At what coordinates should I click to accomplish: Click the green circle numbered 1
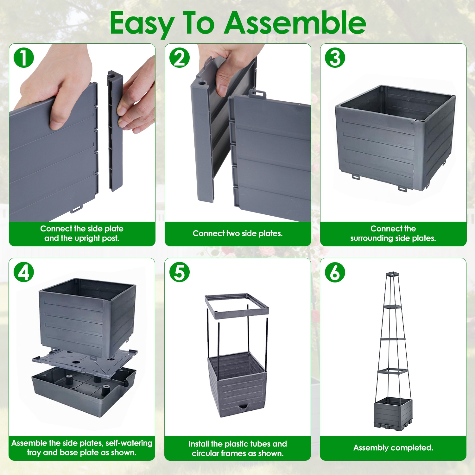[x=24, y=58]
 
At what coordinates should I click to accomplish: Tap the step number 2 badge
[x=180, y=58]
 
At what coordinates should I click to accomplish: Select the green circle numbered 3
[x=335, y=58]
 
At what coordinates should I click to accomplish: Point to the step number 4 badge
[x=24, y=272]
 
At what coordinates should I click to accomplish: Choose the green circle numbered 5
[x=180, y=272]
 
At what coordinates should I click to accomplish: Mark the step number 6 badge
[x=335, y=272]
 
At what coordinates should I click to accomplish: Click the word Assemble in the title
[x=295, y=23]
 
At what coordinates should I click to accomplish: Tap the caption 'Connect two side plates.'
[x=237, y=233]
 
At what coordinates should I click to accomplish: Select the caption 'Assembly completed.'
[x=393, y=448]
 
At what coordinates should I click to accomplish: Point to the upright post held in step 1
[x=115, y=131]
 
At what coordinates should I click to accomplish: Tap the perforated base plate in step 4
[x=85, y=361]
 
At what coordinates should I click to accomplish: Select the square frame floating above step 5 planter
[x=237, y=306]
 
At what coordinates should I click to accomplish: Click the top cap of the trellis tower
[x=393, y=274]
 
